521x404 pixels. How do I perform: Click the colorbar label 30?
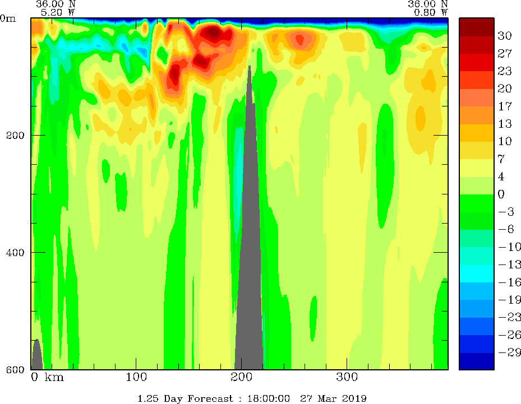point(505,36)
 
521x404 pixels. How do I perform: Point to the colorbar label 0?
point(501,194)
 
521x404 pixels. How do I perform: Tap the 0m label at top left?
point(9,18)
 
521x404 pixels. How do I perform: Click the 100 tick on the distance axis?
point(136,377)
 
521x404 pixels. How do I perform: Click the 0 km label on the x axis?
point(47,377)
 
